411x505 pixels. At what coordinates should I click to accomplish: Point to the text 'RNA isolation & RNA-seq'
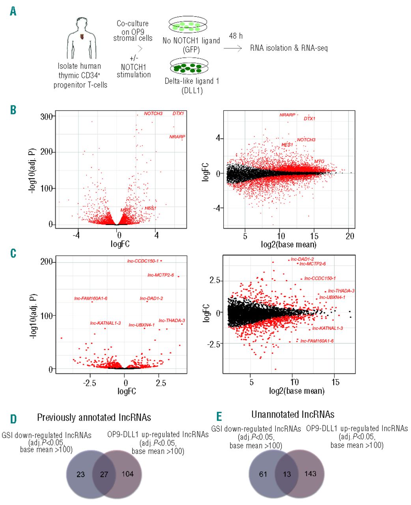tap(289, 48)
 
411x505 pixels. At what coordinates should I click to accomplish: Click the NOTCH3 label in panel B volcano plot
tap(153, 114)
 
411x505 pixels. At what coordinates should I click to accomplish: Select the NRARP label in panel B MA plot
tap(287, 115)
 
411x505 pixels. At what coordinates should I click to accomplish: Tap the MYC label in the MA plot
tap(319, 162)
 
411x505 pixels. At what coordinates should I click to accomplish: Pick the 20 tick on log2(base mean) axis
tap(349, 236)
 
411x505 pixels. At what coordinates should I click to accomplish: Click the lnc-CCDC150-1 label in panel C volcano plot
tap(143, 261)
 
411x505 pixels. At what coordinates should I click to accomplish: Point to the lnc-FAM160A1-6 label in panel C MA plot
tap(317, 340)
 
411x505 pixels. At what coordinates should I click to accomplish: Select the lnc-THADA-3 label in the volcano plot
tap(172, 320)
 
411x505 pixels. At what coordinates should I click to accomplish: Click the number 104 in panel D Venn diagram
tap(127, 474)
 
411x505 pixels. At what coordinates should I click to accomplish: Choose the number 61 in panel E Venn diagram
tap(263, 474)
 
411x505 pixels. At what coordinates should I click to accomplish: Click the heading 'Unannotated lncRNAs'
tap(293, 414)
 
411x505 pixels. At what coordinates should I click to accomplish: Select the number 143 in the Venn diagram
tap(310, 473)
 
